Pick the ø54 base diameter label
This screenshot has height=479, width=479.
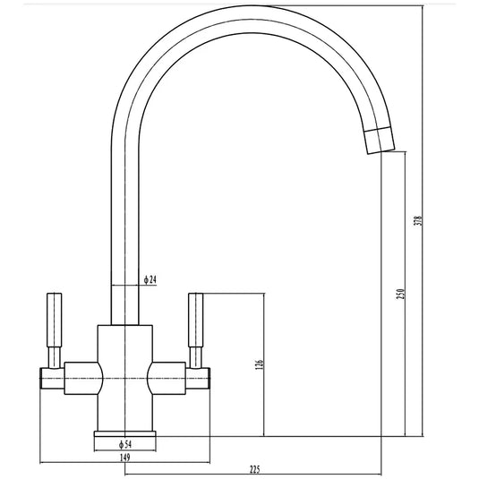pos(125,443)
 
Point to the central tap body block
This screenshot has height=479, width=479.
pos(126,376)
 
